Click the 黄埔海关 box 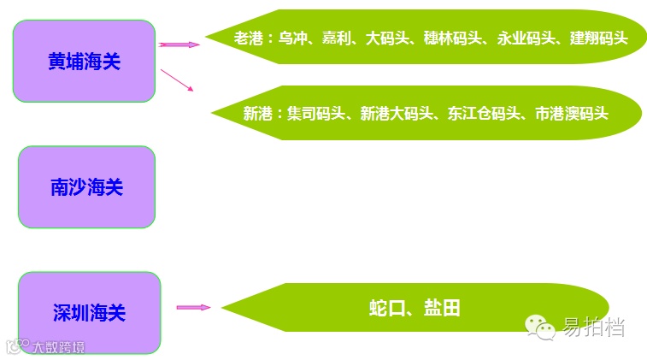click(84, 61)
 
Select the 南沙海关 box click(86, 186)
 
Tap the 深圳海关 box click(89, 312)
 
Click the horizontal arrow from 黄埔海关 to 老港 click(179, 44)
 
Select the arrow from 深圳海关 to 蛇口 click(193, 307)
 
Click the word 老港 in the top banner click(249, 38)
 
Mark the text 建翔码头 click(599, 38)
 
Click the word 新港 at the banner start click(257, 112)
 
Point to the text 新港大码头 click(397, 112)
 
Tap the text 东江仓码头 click(484, 112)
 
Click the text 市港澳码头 click(571, 112)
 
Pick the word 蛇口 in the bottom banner click(386, 308)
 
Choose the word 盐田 click(442, 308)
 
